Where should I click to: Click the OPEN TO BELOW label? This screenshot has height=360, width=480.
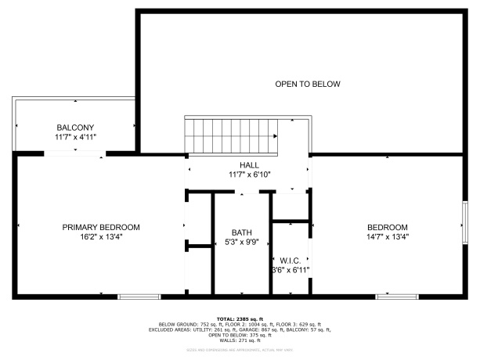[307, 84]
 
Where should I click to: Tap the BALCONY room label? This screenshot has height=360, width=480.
[75, 128]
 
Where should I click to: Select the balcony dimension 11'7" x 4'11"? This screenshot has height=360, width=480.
[75, 137]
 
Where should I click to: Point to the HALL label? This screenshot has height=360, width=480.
[249, 165]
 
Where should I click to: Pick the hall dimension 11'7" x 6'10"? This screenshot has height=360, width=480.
[249, 175]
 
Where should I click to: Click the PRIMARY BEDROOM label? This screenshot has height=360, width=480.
[101, 227]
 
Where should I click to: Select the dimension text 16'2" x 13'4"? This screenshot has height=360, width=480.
[101, 236]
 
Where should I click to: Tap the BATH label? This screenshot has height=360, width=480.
[241, 232]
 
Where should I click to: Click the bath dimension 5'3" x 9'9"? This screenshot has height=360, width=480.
[241, 242]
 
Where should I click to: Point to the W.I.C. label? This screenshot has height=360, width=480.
[291, 260]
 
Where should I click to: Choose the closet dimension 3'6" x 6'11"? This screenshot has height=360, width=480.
[291, 270]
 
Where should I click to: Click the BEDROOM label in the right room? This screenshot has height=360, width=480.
[388, 227]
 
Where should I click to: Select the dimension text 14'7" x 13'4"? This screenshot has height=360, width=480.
[388, 236]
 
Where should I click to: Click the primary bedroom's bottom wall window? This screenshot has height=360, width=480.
[139, 297]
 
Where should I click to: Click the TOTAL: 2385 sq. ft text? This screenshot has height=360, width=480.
[240, 319]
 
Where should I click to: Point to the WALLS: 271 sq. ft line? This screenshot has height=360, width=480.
[240, 340]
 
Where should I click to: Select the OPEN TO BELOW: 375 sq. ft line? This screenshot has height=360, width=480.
[240, 335]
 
